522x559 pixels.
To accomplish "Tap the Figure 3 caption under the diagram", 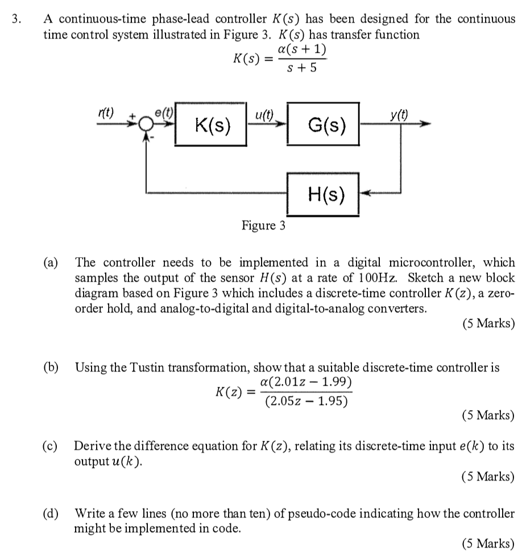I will (263, 226).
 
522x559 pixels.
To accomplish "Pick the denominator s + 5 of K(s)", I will (300, 69).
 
